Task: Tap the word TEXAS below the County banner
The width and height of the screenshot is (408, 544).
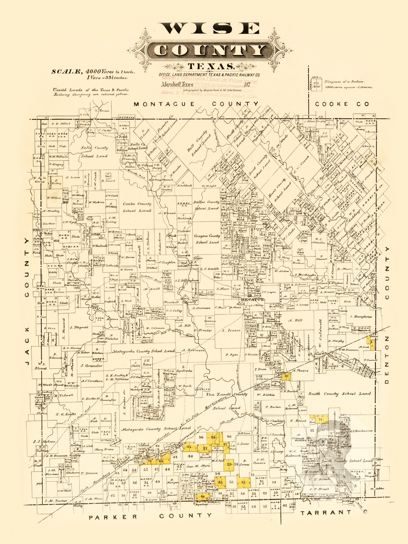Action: pyautogui.click(x=211, y=67)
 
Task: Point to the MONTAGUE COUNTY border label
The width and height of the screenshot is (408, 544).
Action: pyautogui.click(x=196, y=104)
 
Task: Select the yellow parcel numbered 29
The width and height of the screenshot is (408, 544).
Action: pyautogui.click(x=229, y=464)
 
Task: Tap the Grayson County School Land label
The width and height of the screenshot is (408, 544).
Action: pyautogui.click(x=207, y=239)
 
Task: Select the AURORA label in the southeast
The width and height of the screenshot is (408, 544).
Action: pyautogui.click(x=301, y=440)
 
